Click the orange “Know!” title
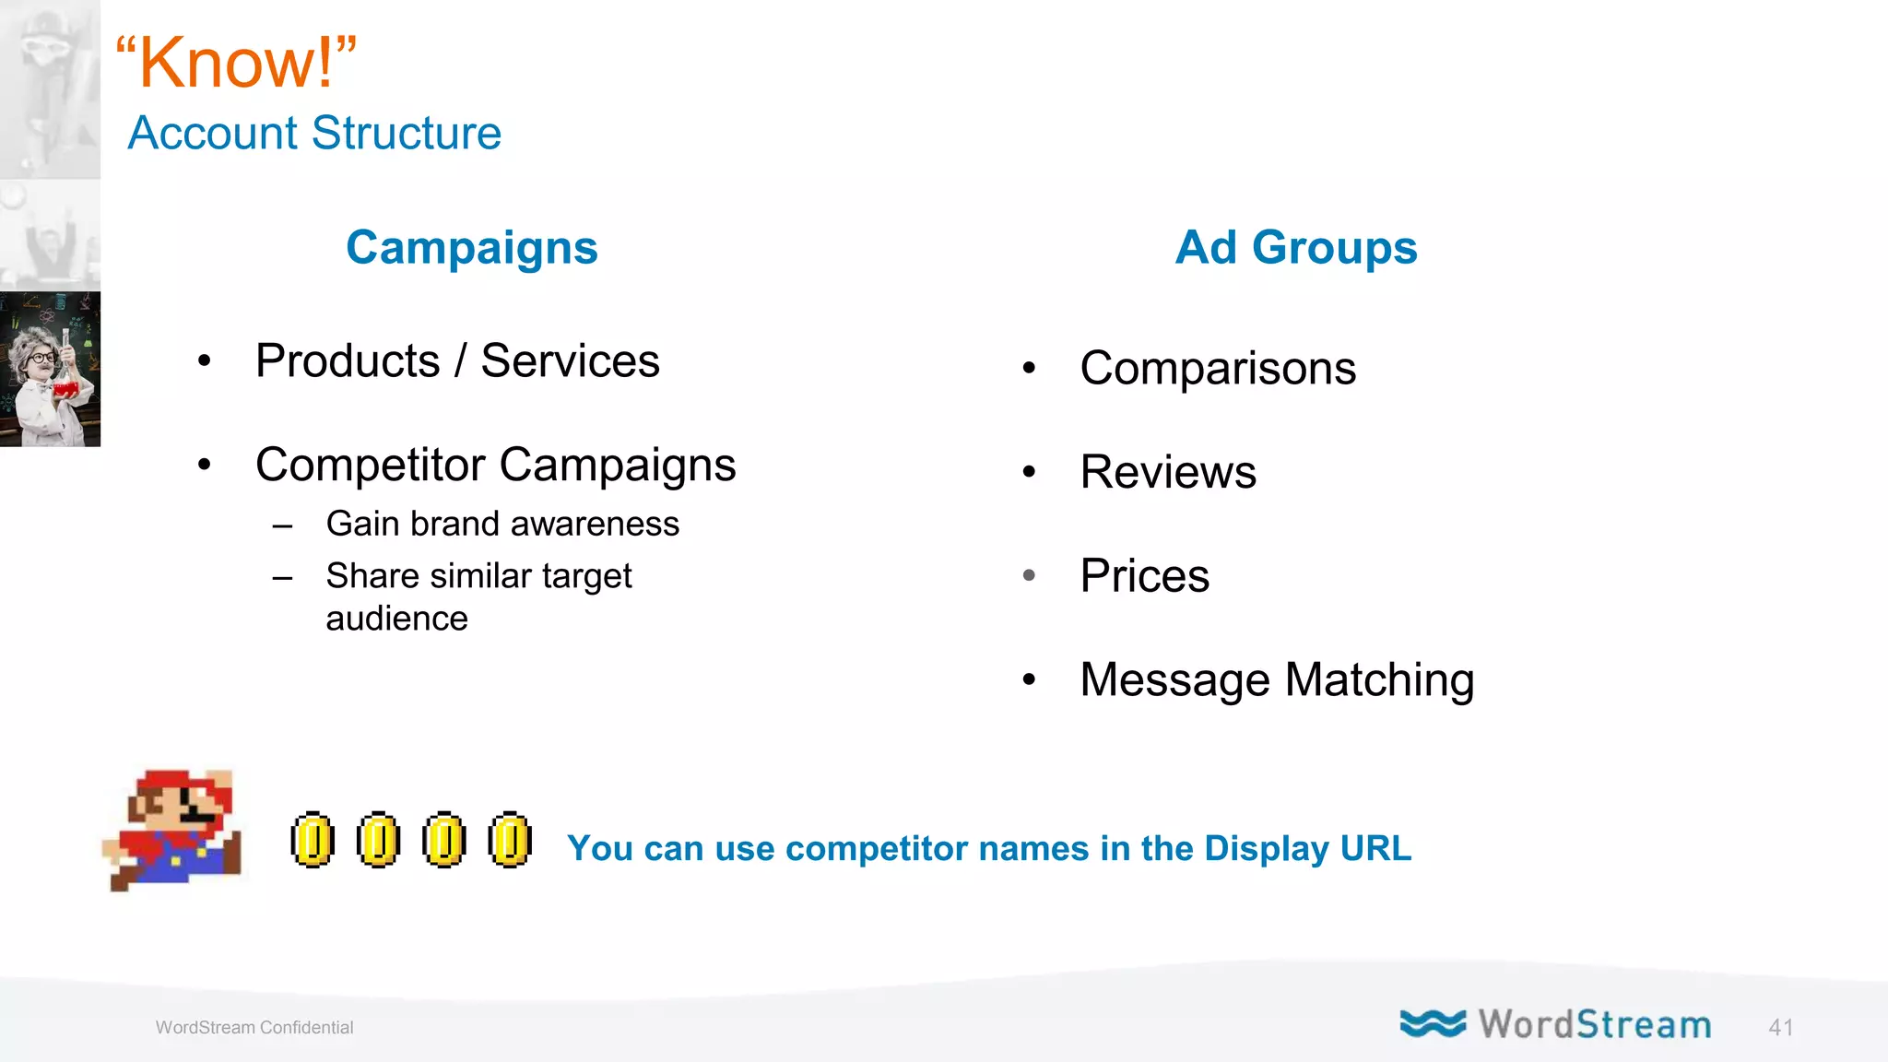236,63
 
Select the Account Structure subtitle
314,133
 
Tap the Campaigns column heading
472,247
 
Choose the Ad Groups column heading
1295,247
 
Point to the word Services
570,360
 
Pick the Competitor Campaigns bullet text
495,465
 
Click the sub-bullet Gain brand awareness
502,524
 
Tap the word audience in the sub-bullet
396,619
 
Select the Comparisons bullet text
1217,369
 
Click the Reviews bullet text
1167,472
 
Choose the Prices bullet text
1144,576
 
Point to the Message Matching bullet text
1276,680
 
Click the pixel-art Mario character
175,830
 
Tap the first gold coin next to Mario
313,840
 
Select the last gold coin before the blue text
510,840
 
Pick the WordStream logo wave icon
1432,1023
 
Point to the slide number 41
1780,1028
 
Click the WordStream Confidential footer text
254,1028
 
